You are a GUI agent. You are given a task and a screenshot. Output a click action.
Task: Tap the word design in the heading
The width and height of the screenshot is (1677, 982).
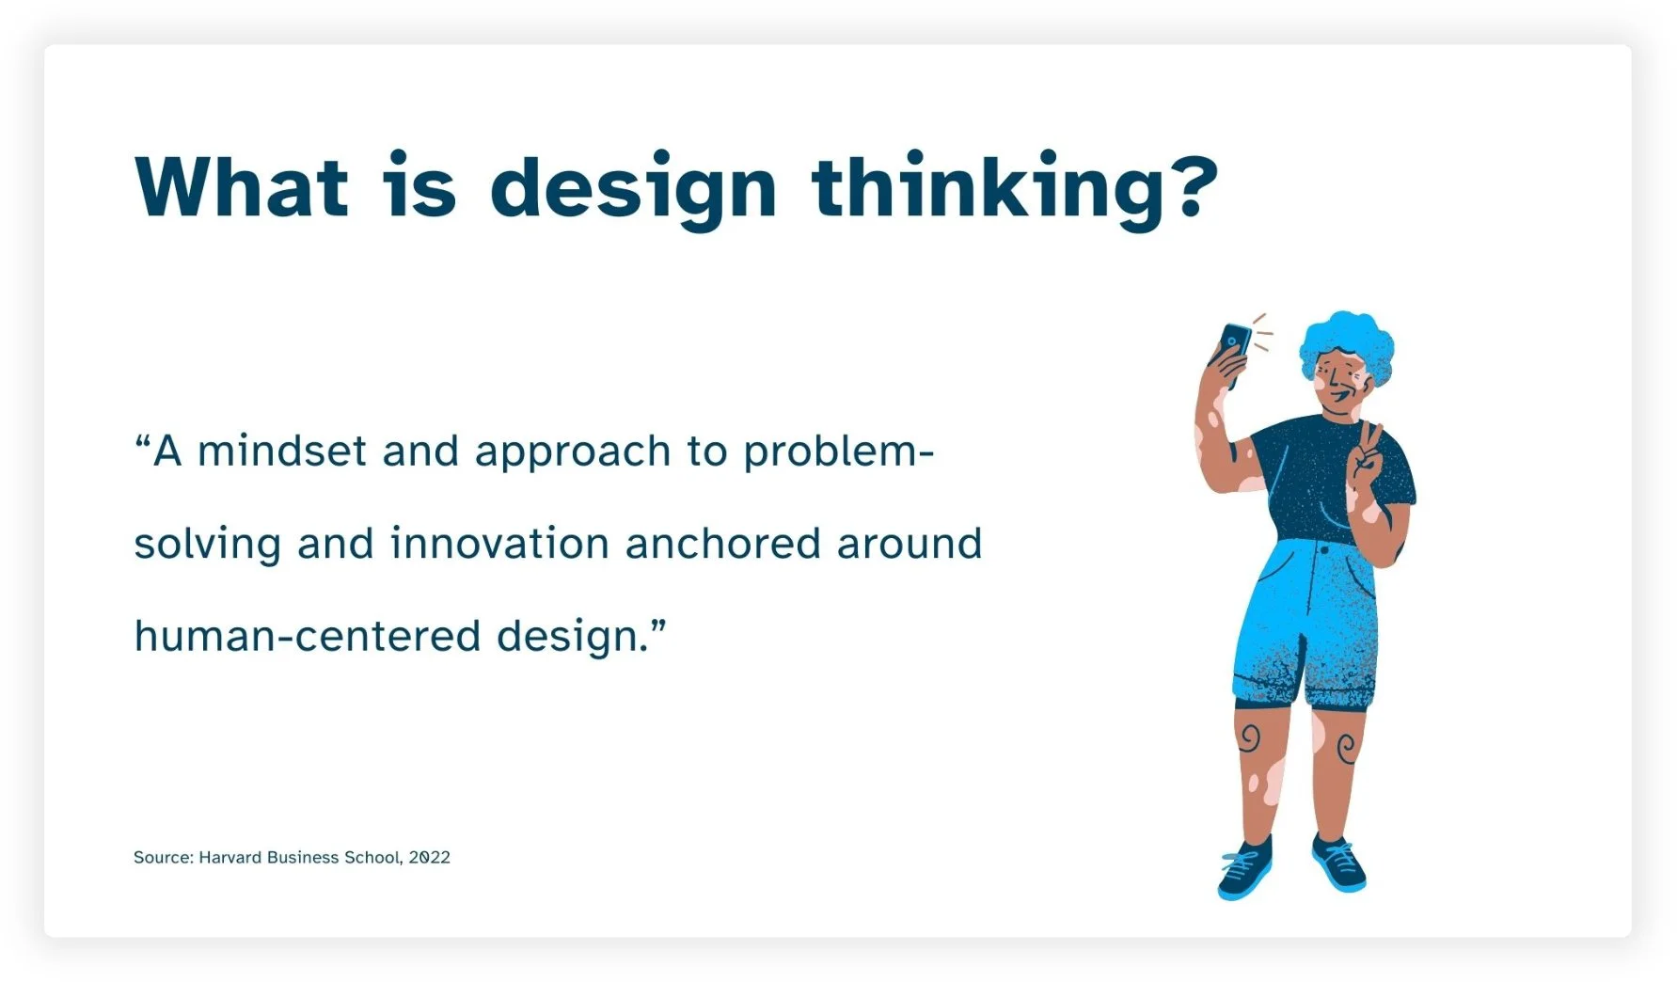633,191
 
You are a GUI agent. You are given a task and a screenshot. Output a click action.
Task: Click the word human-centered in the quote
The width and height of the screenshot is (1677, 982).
307,637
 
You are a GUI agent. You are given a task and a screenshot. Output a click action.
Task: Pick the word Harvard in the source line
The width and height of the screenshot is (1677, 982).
229,857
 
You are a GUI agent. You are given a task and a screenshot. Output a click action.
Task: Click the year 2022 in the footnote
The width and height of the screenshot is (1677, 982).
429,857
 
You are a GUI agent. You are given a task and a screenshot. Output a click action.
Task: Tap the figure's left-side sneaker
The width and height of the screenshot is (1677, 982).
1244,871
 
